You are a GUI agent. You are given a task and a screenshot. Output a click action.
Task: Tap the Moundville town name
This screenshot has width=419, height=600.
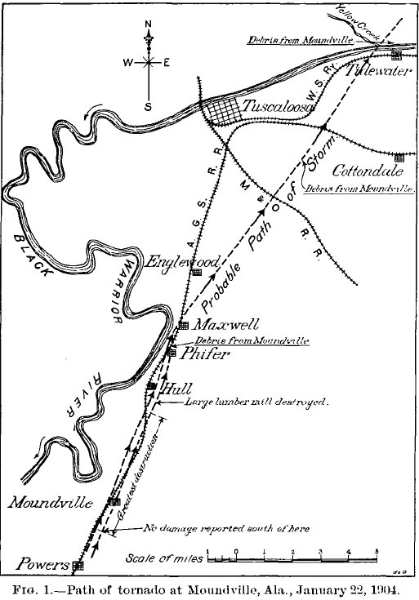point(51,502)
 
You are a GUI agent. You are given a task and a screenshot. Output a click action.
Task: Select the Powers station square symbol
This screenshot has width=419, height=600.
point(78,565)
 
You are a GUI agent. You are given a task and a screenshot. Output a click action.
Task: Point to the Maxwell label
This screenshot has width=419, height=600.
point(225,325)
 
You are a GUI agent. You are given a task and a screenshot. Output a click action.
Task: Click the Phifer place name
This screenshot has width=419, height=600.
point(204,354)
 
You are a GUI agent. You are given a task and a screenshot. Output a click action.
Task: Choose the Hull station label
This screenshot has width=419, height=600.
point(177,389)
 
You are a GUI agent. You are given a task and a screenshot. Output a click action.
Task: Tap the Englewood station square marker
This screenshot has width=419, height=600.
point(197,272)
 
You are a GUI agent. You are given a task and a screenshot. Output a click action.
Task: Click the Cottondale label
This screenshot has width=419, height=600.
point(368,171)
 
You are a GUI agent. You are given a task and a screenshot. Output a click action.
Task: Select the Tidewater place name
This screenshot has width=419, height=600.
point(378,70)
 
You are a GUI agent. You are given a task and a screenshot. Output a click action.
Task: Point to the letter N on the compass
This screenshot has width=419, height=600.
point(148,24)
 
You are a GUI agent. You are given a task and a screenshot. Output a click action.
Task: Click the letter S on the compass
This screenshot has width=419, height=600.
point(148,107)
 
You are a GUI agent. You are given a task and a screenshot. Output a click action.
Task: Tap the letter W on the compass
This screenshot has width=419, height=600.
point(128,62)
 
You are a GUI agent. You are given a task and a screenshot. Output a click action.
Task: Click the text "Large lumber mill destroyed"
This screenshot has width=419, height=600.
point(256,402)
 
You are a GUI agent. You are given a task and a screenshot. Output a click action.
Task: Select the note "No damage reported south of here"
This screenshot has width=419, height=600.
point(226,528)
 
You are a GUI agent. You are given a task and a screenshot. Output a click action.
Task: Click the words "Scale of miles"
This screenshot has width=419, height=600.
point(164,558)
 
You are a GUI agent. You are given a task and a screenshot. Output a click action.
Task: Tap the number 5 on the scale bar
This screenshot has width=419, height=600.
point(377,551)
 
